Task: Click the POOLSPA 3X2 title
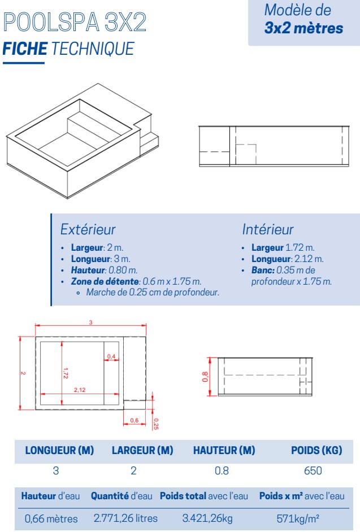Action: (x=75, y=22)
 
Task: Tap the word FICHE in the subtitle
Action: (x=25, y=49)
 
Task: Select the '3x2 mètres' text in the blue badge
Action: (x=303, y=28)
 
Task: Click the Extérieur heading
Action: (x=88, y=229)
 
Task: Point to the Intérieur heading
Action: (x=268, y=229)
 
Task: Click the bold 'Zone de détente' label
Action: (x=105, y=281)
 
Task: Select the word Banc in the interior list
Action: (x=263, y=271)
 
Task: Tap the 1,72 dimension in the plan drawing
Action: (x=66, y=371)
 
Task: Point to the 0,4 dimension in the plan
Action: (x=111, y=356)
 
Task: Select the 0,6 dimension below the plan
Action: (x=134, y=420)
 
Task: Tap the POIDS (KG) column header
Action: (x=316, y=451)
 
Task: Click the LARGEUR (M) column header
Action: (x=142, y=451)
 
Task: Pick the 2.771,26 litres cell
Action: (x=125, y=518)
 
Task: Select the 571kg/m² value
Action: (x=299, y=518)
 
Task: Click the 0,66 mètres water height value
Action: (x=51, y=518)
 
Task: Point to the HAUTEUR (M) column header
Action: (x=224, y=451)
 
